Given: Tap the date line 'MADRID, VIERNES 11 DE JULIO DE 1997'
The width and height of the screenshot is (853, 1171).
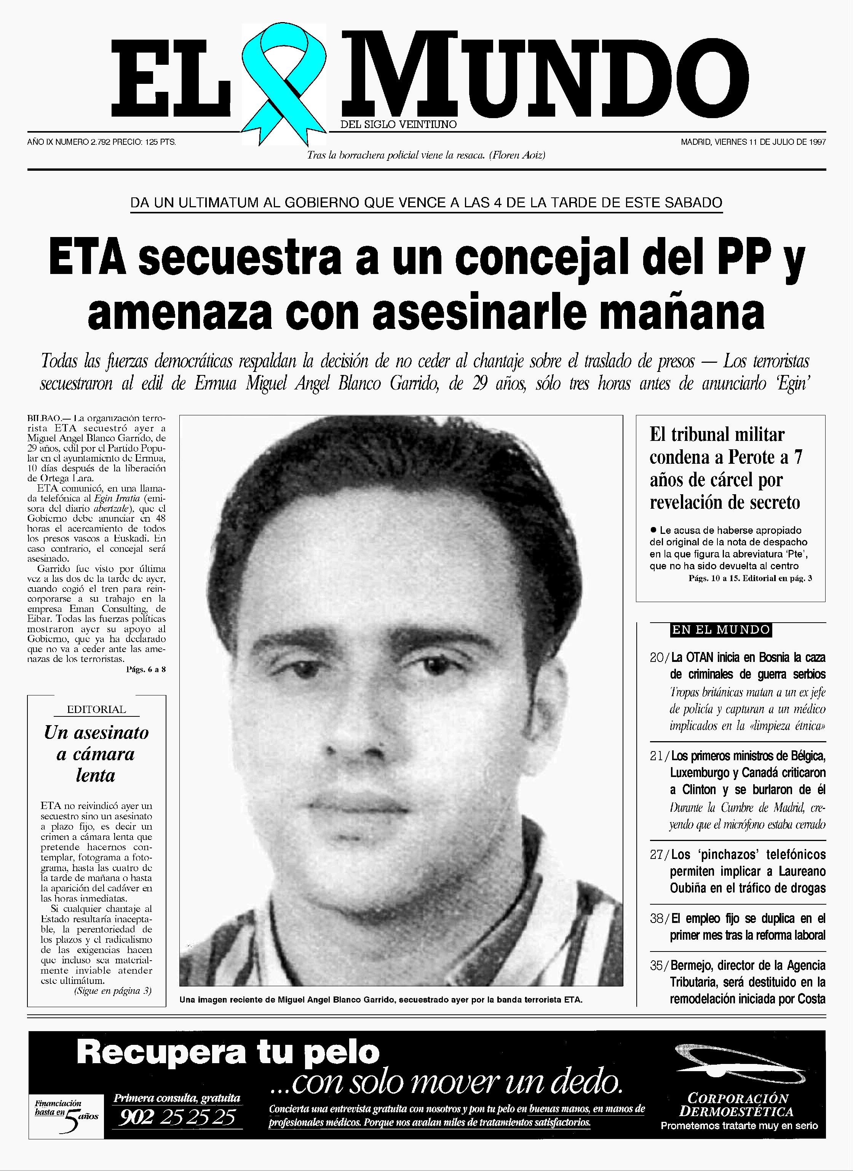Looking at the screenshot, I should [x=753, y=141].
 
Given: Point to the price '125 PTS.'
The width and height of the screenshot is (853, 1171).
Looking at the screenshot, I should [x=160, y=141].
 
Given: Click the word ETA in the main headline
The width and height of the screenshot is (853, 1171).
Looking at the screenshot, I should [x=88, y=257].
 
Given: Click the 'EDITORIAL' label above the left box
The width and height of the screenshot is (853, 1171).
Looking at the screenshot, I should [x=97, y=709].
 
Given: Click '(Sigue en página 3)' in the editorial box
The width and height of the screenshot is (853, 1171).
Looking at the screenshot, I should [x=113, y=991].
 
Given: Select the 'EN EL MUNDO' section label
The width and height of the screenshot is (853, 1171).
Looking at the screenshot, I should [x=720, y=630].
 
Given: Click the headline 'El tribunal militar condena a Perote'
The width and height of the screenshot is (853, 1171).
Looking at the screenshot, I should [x=725, y=468].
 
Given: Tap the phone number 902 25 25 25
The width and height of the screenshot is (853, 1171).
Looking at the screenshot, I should [x=177, y=1118].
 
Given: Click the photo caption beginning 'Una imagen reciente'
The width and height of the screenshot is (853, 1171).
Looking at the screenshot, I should [x=380, y=1000].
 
